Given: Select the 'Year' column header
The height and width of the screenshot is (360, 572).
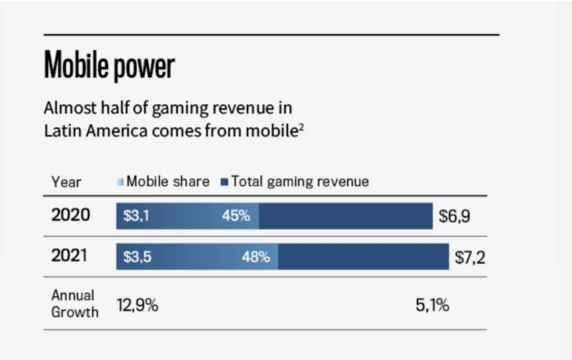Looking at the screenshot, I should click(66, 182).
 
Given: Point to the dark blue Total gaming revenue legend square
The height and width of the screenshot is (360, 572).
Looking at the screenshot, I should click(224, 182).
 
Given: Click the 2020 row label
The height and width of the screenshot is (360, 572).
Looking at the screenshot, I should click(71, 216).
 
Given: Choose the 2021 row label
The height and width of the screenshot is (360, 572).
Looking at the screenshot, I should click(71, 256).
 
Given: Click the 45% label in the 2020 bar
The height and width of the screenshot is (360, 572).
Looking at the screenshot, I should click(236, 217).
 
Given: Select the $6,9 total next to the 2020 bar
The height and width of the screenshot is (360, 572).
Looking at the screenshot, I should click(454, 217).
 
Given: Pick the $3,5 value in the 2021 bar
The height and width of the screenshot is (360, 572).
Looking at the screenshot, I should click(137, 256).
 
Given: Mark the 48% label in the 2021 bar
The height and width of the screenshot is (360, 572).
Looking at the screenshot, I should click(256, 256).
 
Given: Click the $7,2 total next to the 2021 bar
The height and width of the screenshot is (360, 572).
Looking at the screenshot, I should click(470, 257).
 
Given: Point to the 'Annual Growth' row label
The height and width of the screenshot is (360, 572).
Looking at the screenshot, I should click(74, 304).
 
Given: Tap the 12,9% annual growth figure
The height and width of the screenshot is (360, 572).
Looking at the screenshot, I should click(137, 305).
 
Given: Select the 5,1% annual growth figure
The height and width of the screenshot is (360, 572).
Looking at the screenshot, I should click(432, 305).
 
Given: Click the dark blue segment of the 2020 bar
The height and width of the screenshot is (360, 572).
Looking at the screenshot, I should click(345, 217).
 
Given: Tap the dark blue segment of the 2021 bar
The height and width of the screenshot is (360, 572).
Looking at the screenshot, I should click(363, 256).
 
